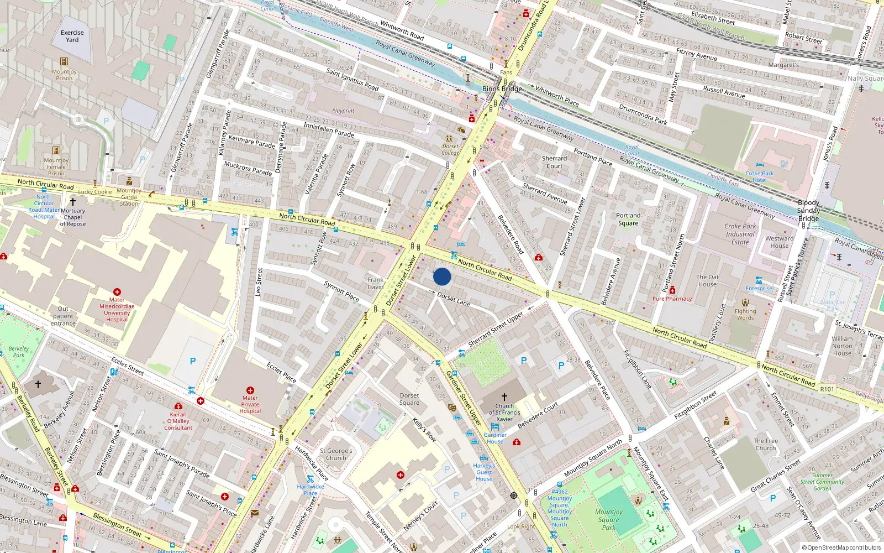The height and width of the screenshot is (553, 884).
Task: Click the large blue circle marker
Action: (x=442, y=276)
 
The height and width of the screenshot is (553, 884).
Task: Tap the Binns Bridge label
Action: (x=502, y=88)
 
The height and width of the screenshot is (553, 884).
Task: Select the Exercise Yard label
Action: (x=72, y=36)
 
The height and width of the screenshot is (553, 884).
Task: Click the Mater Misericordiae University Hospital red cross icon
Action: (x=117, y=291)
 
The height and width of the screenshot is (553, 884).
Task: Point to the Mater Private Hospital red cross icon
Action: (x=250, y=390)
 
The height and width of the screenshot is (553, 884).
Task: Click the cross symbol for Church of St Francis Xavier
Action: (x=504, y=397)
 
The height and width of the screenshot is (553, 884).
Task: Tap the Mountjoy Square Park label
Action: (x=608, y=519)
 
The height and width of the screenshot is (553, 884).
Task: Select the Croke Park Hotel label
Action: (x=759, y=176)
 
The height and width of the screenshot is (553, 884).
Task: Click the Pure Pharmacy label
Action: (x=672, y=299)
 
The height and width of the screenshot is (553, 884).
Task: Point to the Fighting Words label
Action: (x=745, y=314)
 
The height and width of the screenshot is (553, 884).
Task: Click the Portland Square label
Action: (x=628, y=219)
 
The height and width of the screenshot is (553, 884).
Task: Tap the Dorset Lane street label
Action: (x=454, y=299)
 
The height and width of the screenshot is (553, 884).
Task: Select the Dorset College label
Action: (x=450, y=149)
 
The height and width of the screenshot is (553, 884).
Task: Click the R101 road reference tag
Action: (x=827, y=389)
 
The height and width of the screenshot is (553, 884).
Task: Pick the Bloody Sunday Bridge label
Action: (x=808, y=210)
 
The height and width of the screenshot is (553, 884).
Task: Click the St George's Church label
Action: (x=336, y=454)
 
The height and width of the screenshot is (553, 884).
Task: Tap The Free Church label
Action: (x=765, y=444)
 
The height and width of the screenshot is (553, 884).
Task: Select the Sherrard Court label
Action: (x=554, y=162)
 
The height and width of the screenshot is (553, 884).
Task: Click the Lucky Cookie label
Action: (x=94, y=192)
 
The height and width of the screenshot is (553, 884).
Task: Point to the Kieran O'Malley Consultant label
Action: (x=178, y=421)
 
